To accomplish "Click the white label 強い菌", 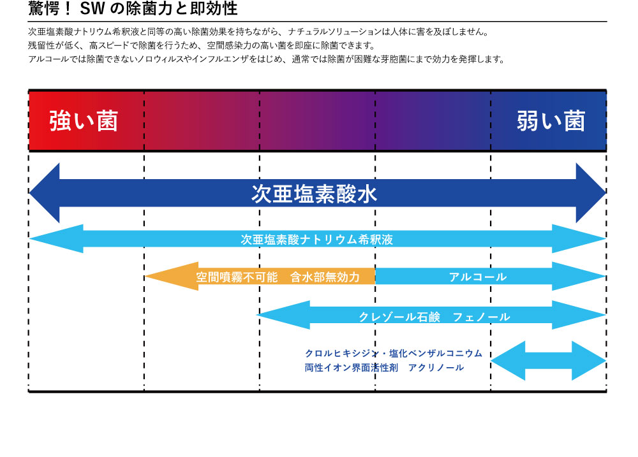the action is tap(84, 120).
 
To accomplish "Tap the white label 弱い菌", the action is tap(551, 120).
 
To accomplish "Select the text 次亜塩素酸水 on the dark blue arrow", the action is tap(314, 194).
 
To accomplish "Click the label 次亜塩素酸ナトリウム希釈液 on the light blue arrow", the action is tap(316, 240).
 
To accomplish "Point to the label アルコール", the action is tap(478, 277).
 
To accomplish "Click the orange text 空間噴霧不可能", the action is tap(237, 277).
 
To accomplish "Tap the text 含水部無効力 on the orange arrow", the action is tap(325, 277).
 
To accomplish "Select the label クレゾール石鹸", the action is tap(399, 317).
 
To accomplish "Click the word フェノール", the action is tap(481, 317).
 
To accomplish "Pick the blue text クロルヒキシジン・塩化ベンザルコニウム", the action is tap(394, 353).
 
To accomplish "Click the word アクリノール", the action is tap(436, 368).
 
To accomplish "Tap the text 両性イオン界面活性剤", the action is tap(352, 368).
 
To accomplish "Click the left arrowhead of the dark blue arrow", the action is tap(45, 193).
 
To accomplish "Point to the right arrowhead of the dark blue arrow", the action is tap(591, 193).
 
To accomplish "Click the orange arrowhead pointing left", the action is tap(172, 277).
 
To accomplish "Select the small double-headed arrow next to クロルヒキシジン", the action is tap(549, 361).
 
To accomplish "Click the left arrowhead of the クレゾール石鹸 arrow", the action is tap(283, 315).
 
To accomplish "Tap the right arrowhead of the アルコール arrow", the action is tap(579, 277).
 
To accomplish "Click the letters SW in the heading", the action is tap(93, 9).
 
